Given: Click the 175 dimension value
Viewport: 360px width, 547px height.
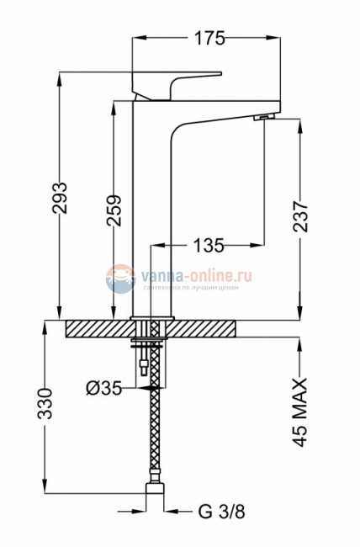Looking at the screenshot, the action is (x=209, y=38).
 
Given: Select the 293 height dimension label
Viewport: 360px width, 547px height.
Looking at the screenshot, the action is (x=60, y=198).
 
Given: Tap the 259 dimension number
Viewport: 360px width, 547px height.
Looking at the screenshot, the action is (x=114, y=210).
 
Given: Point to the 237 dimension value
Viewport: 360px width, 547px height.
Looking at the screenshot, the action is (x=300, y=216).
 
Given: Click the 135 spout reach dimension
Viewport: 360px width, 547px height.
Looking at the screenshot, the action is (x=208, y=245).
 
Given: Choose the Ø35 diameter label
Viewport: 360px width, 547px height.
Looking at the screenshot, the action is (x=104, y=388).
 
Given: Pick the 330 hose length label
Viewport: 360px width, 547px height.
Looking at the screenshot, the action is (x=45, y=403).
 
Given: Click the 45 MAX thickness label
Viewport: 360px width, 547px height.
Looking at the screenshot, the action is (x=299, y=412).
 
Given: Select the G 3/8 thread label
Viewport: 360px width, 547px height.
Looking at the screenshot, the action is (x=222, y=512).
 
